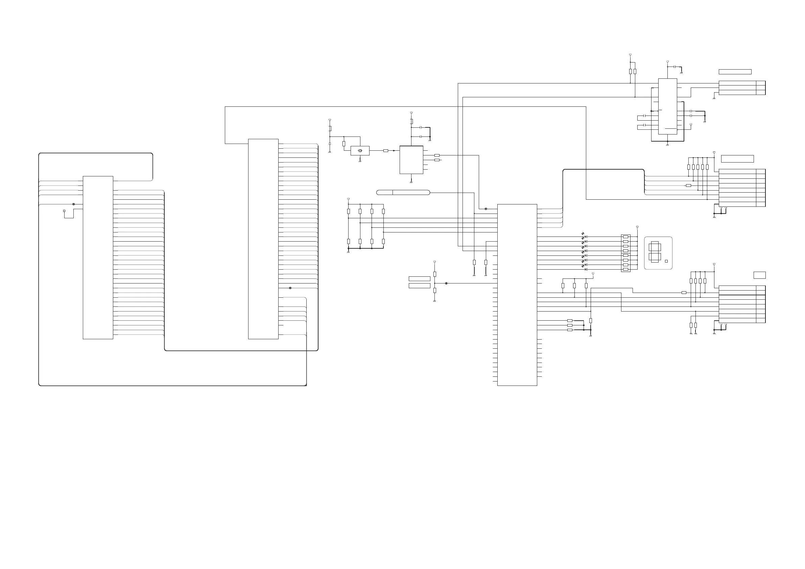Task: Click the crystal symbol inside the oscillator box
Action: (360, 151)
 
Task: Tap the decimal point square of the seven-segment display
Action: (666, 261)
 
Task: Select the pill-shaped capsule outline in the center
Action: (403, 192)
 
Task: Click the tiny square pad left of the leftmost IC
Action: (64, 211)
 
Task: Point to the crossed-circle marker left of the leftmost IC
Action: (73, 204)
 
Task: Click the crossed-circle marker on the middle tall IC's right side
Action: (290, 288)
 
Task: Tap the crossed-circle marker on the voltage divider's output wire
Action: (446, 283)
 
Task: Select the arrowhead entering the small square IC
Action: (394, 151)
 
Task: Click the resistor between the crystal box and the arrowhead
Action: (386, 151)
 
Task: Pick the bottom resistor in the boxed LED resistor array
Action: (625, 269)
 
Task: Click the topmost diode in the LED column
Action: (586, 237)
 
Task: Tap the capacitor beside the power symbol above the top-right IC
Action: (674, 67)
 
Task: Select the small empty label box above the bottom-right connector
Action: (759, 275)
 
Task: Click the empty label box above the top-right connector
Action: (735, 72)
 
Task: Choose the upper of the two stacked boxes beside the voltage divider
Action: (419, 278)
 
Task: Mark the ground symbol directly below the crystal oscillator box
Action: (360, 161)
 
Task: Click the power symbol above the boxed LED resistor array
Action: (637, 227)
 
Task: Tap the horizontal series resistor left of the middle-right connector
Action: (688, 185)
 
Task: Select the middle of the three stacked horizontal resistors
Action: (570, 325)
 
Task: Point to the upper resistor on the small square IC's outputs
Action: (437, 155)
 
